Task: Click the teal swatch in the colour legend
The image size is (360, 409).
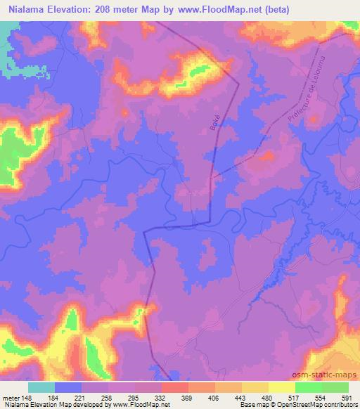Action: click(x=42, y=387)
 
